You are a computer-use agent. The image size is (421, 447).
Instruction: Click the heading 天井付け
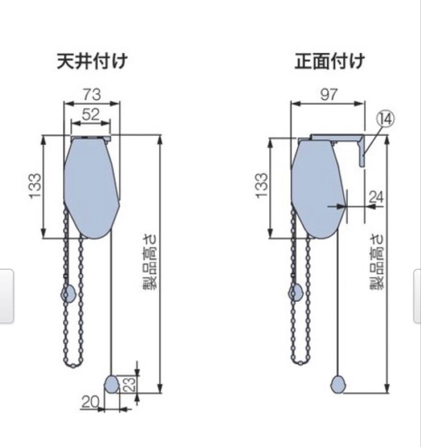click(92, 62)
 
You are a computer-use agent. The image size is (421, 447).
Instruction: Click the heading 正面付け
click(330, 62)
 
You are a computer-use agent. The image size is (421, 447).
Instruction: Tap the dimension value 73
click(91, 94)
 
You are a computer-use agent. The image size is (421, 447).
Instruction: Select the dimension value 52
click(91, 115)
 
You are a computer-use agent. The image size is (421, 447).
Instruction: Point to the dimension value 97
click(329, 94)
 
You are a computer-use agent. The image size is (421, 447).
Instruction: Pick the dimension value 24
click(376, 197)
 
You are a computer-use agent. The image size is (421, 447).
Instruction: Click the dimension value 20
click(90, 401)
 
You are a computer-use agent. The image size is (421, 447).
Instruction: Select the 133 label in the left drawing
click(36, 186)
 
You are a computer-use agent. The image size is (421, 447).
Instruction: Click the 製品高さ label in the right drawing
click(377, 262)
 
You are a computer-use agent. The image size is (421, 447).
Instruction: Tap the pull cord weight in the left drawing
click(111, 384)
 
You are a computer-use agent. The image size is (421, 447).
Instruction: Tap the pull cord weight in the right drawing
click(339, 384)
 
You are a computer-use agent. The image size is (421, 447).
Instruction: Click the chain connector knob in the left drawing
click(68, 293)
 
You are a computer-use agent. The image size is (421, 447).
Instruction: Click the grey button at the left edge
click(7, 296)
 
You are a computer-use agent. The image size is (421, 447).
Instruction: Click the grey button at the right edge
click(417, 296)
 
